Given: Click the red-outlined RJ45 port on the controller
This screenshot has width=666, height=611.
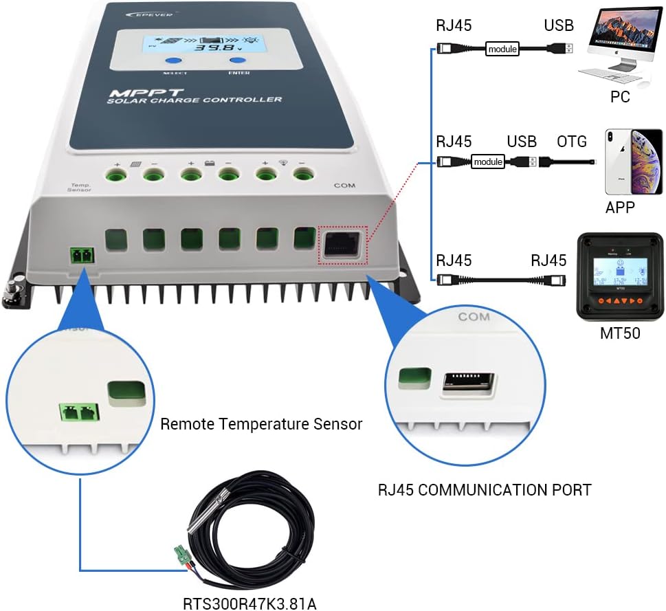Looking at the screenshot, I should pyautogui.click(x=342, y=244).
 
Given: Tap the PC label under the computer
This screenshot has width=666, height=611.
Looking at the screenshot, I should pyautogui.click(x=620, y=97).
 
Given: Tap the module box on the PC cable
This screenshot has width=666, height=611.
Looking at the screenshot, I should pyautogui.click(x=502, y=49).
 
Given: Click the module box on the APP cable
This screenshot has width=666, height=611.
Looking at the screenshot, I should pyautogui.click(x=487, y=162).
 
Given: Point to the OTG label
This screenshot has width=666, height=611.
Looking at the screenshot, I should pyautogui.click(x=571, y=142).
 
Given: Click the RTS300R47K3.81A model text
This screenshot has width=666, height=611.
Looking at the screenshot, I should pyautogui.click(x=249, y=603).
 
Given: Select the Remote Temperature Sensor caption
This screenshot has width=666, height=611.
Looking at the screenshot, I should pyautogui.click(x=261, y=424).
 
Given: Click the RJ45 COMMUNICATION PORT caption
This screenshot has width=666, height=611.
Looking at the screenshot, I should pyautogui.click(x=485, y=490).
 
